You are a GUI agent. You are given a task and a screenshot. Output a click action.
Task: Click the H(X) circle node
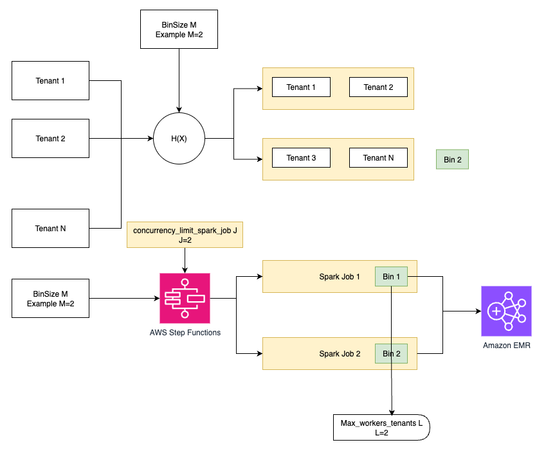coord(179,138)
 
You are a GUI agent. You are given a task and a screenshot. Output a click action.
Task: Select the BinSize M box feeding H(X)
coord(179,29)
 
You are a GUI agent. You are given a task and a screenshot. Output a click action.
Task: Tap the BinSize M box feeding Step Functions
coord(51,299)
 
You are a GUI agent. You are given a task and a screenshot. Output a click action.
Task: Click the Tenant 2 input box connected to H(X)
coord(51,138)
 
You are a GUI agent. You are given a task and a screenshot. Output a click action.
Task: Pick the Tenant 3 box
coord(301,158)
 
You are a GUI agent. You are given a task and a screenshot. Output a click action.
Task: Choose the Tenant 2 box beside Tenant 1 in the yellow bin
coord(378,87)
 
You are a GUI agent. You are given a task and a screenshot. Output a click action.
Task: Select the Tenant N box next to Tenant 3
coord(378,158)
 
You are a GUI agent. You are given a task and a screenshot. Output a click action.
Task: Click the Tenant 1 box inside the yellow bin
coord(301,87)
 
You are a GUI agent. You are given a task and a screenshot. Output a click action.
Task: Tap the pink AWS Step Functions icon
coord(185,298)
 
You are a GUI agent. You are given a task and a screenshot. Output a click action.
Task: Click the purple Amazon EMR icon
coord(506,311)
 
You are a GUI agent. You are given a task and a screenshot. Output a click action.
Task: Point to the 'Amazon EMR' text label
coord(506,346)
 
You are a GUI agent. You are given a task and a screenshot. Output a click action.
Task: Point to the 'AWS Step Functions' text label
coord(185,332)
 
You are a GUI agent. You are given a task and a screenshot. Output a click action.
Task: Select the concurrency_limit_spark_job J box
coord(185,234)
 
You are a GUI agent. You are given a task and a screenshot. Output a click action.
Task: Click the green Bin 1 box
coord(391,276)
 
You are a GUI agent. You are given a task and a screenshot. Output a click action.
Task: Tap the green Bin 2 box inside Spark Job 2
coord(391,353)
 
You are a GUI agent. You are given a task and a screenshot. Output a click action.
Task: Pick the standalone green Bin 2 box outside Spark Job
coord(452,159)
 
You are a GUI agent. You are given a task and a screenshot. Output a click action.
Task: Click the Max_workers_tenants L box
coord(381,428)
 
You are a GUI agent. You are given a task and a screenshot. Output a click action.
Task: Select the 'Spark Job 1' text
coord(340,276)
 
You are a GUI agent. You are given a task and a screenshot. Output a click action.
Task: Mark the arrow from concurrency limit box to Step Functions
coord(185,260)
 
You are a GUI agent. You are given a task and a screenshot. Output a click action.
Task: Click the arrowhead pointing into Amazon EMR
coord(477,311)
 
